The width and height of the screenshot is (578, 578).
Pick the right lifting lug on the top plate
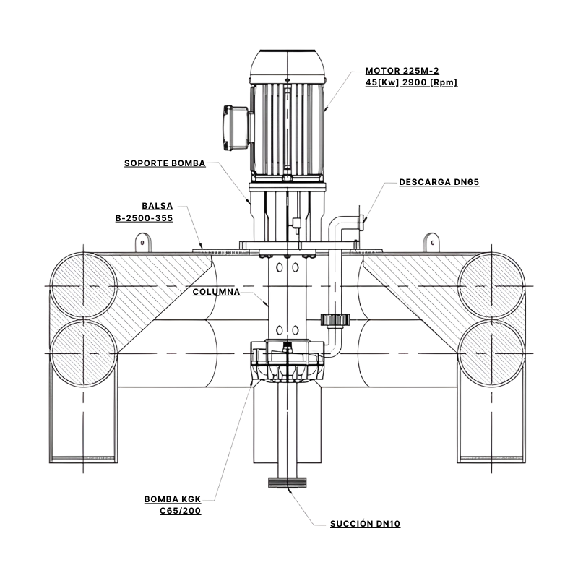click(x=431, y=241)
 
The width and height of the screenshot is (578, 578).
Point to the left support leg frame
click(x=83, y=426)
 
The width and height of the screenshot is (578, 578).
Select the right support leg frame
click(x=491, y=426)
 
